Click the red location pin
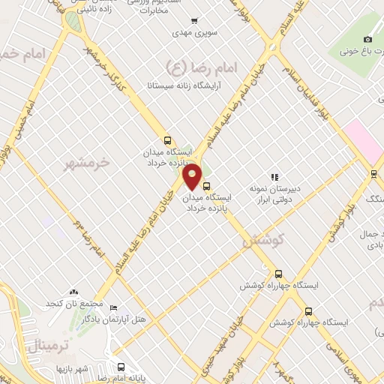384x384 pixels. (192, 175)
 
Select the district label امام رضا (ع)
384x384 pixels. (209, 67)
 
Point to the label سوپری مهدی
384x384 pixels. (193, 34)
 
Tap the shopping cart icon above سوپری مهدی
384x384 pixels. (194, 21)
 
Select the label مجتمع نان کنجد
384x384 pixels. (73, 302)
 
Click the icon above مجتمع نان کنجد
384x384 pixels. (73, 291)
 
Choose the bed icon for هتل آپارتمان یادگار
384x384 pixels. (113, 307)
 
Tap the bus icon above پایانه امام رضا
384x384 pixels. (121, 367)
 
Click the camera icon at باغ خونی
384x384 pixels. (367, 39)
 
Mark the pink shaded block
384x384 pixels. (363, 139)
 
